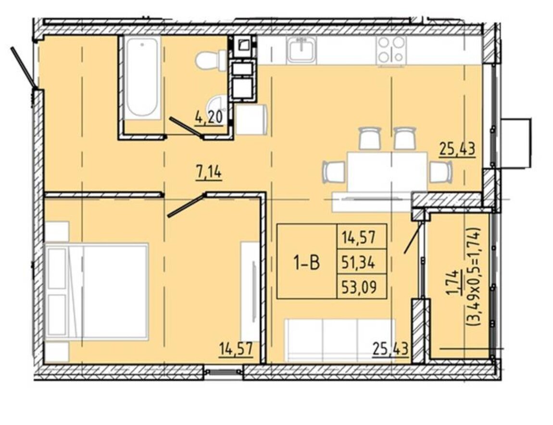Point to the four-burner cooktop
click(391, 51)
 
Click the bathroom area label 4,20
click(210, 117)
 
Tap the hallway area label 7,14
click(208, 172)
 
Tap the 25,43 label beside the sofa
click(390, 349)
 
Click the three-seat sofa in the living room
click(340, 340)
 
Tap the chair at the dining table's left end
click(333, 172)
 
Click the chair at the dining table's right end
click(441, 172)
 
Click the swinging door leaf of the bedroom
click(186, 205)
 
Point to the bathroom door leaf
click(186, 127)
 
